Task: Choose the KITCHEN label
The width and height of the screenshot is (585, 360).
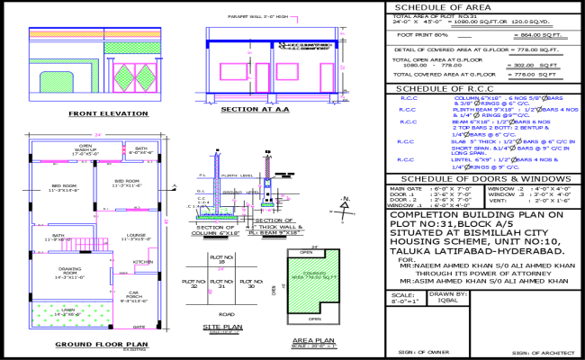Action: [141, 261]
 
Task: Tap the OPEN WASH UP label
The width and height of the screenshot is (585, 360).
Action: [86, 150]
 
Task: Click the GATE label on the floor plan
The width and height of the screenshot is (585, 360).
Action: [139, 328]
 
